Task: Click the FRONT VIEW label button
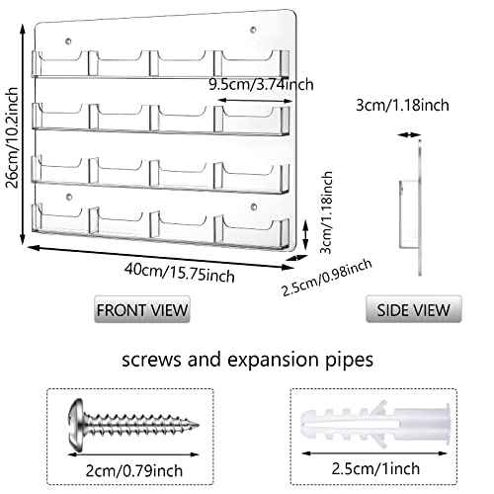tap(142, 309)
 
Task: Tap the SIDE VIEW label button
tap(414, 309)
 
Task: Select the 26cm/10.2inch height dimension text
tap(12, 137)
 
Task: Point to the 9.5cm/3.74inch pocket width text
tap(261, 85)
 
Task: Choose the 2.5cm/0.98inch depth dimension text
tap(327, 277)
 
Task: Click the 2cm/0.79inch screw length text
tap(134, 470)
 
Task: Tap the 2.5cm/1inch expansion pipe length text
tap(375, 468)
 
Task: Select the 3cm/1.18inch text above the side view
tap(402, 105)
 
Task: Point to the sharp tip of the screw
tap(199, 425)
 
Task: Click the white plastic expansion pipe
tap(375, 425)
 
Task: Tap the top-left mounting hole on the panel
tap(68, 41)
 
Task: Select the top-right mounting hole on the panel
tap(253, 30)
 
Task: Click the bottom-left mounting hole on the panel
tap(69, 197)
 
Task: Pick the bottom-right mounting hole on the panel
tap(254, 207)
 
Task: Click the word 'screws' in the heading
tap(151, 360)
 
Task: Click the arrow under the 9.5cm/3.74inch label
tap(255, 101)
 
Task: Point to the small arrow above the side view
tap(409, 134)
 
